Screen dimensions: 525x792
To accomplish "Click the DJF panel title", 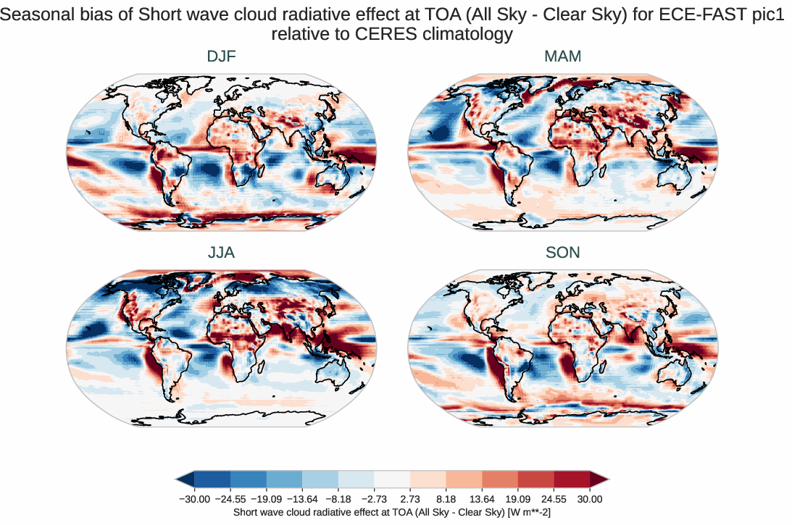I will coord(221,56).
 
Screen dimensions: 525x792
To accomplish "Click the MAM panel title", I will coord(563,56).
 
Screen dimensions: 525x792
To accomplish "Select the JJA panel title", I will coord(221,253).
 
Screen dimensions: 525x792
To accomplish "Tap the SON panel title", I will coord(563,253).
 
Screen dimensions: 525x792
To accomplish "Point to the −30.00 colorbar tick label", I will coord(194,499).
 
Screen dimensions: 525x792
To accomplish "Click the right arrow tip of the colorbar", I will coord(605,479).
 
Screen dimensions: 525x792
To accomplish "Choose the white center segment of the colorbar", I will coord(392,479).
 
